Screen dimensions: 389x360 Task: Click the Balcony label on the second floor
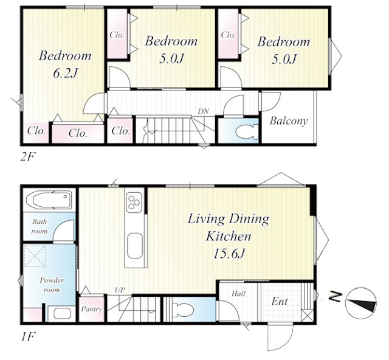click(289, 121)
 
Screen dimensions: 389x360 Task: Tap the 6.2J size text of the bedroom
click(65, 73)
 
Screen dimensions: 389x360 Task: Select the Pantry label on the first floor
click(92, 309)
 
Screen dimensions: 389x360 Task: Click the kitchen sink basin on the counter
click(135, 246)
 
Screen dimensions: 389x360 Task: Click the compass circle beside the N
click(361, 303)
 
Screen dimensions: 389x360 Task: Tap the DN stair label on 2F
click(203, 111)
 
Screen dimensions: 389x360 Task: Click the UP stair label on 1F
click(120, 290)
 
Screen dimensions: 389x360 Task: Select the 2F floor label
click(28, 157)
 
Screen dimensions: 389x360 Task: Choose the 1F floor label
click(27, 337)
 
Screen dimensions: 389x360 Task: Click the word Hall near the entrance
click(238, 294)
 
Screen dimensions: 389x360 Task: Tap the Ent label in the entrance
click(280, 302)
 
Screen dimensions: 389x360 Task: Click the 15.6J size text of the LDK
click(229, 254)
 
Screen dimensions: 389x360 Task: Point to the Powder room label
click(52, 285)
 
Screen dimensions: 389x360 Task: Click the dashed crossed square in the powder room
click(35, 256)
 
